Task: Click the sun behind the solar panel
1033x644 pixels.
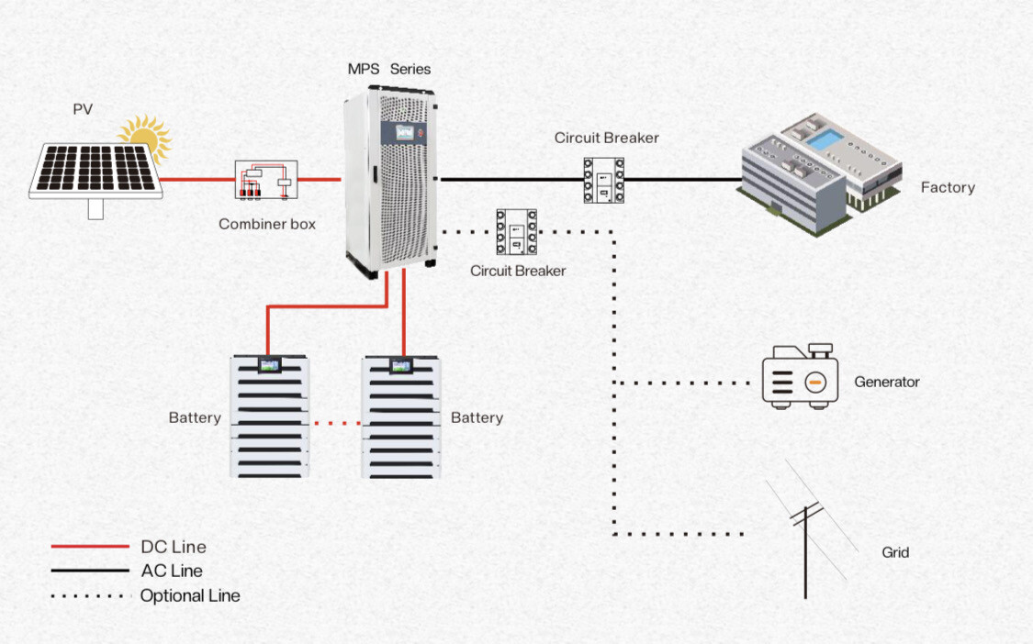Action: click(x=146, y=137)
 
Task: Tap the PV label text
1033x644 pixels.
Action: click(x=83, y=109)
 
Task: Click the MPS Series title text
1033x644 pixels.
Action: click(x=388, y=69)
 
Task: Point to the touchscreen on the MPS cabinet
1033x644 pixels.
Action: click(x=404, y=134)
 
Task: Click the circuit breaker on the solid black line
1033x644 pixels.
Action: click(x=603, y=180)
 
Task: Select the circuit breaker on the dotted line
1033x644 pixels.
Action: click(x=517, y=232)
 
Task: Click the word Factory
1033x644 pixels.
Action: click(x=947, y=187)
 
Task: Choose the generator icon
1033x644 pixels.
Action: click(x=801, y=376)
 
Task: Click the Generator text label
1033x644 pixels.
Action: click(x=886, y=382)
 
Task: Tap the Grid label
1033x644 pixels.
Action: click(x=895, y=552)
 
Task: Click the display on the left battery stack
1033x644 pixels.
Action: click(x=270, y=365)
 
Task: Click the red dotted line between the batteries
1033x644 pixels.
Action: click(x=336, y=423)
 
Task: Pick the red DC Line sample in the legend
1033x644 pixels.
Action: click(x=89, y=547)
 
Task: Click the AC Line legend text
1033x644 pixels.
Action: click(x=172, y=571)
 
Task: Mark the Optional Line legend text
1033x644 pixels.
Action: click(x=190, y=595)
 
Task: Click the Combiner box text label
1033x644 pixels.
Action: click(x=266, y=224)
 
